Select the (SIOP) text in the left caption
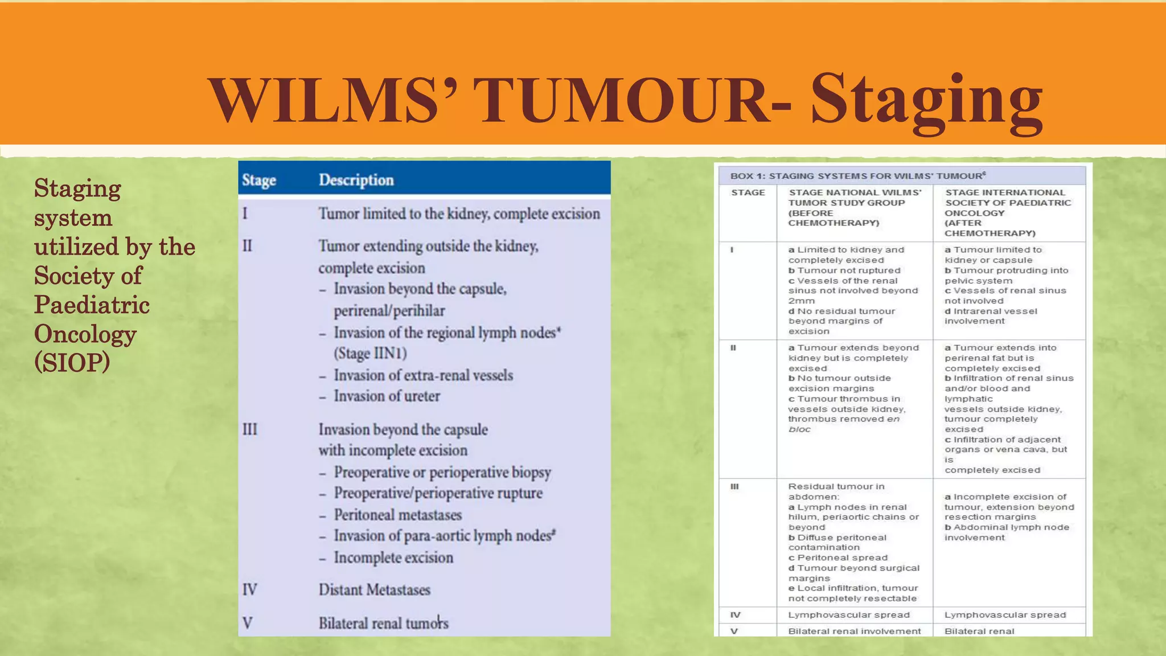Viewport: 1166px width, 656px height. pyautogui.click(x=72, y=363)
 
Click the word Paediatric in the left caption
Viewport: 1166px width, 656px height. pyautogui.click(x=92, y=305)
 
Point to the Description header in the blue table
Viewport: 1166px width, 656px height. pyautogui.click(x=356, y=180)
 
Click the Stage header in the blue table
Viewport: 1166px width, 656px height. pyautogui.click(x=259, y=180)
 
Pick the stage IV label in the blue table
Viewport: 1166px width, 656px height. pyautogui.click(x=250, y=589)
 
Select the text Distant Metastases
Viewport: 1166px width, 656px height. pyautogui.click(x=374, y=589)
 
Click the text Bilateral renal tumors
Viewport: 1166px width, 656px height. pyautogui.click(x=383, y=623)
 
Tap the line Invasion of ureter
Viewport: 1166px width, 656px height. pyautogui.click(x=387, y=396)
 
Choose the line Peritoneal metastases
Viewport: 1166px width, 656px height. pyautogui.click(x=397, y=515)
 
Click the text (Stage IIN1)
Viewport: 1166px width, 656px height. pyautogui.click(x=370, y=354)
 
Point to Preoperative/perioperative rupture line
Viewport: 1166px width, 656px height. pyautogui.click(x=438, y=493)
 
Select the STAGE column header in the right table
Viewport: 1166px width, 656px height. pyautogui.click(x=748, y=192)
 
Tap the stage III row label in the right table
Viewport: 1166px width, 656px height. pyautogui.click(x=734, y=487)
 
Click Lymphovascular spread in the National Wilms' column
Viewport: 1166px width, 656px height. pyautogui.click(x=849, y=615)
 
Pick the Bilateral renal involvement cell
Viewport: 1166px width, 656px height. pyautogui.click(x=854, y=631)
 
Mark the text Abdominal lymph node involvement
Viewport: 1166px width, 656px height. pyautogui.click(x=1006, y=532)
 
